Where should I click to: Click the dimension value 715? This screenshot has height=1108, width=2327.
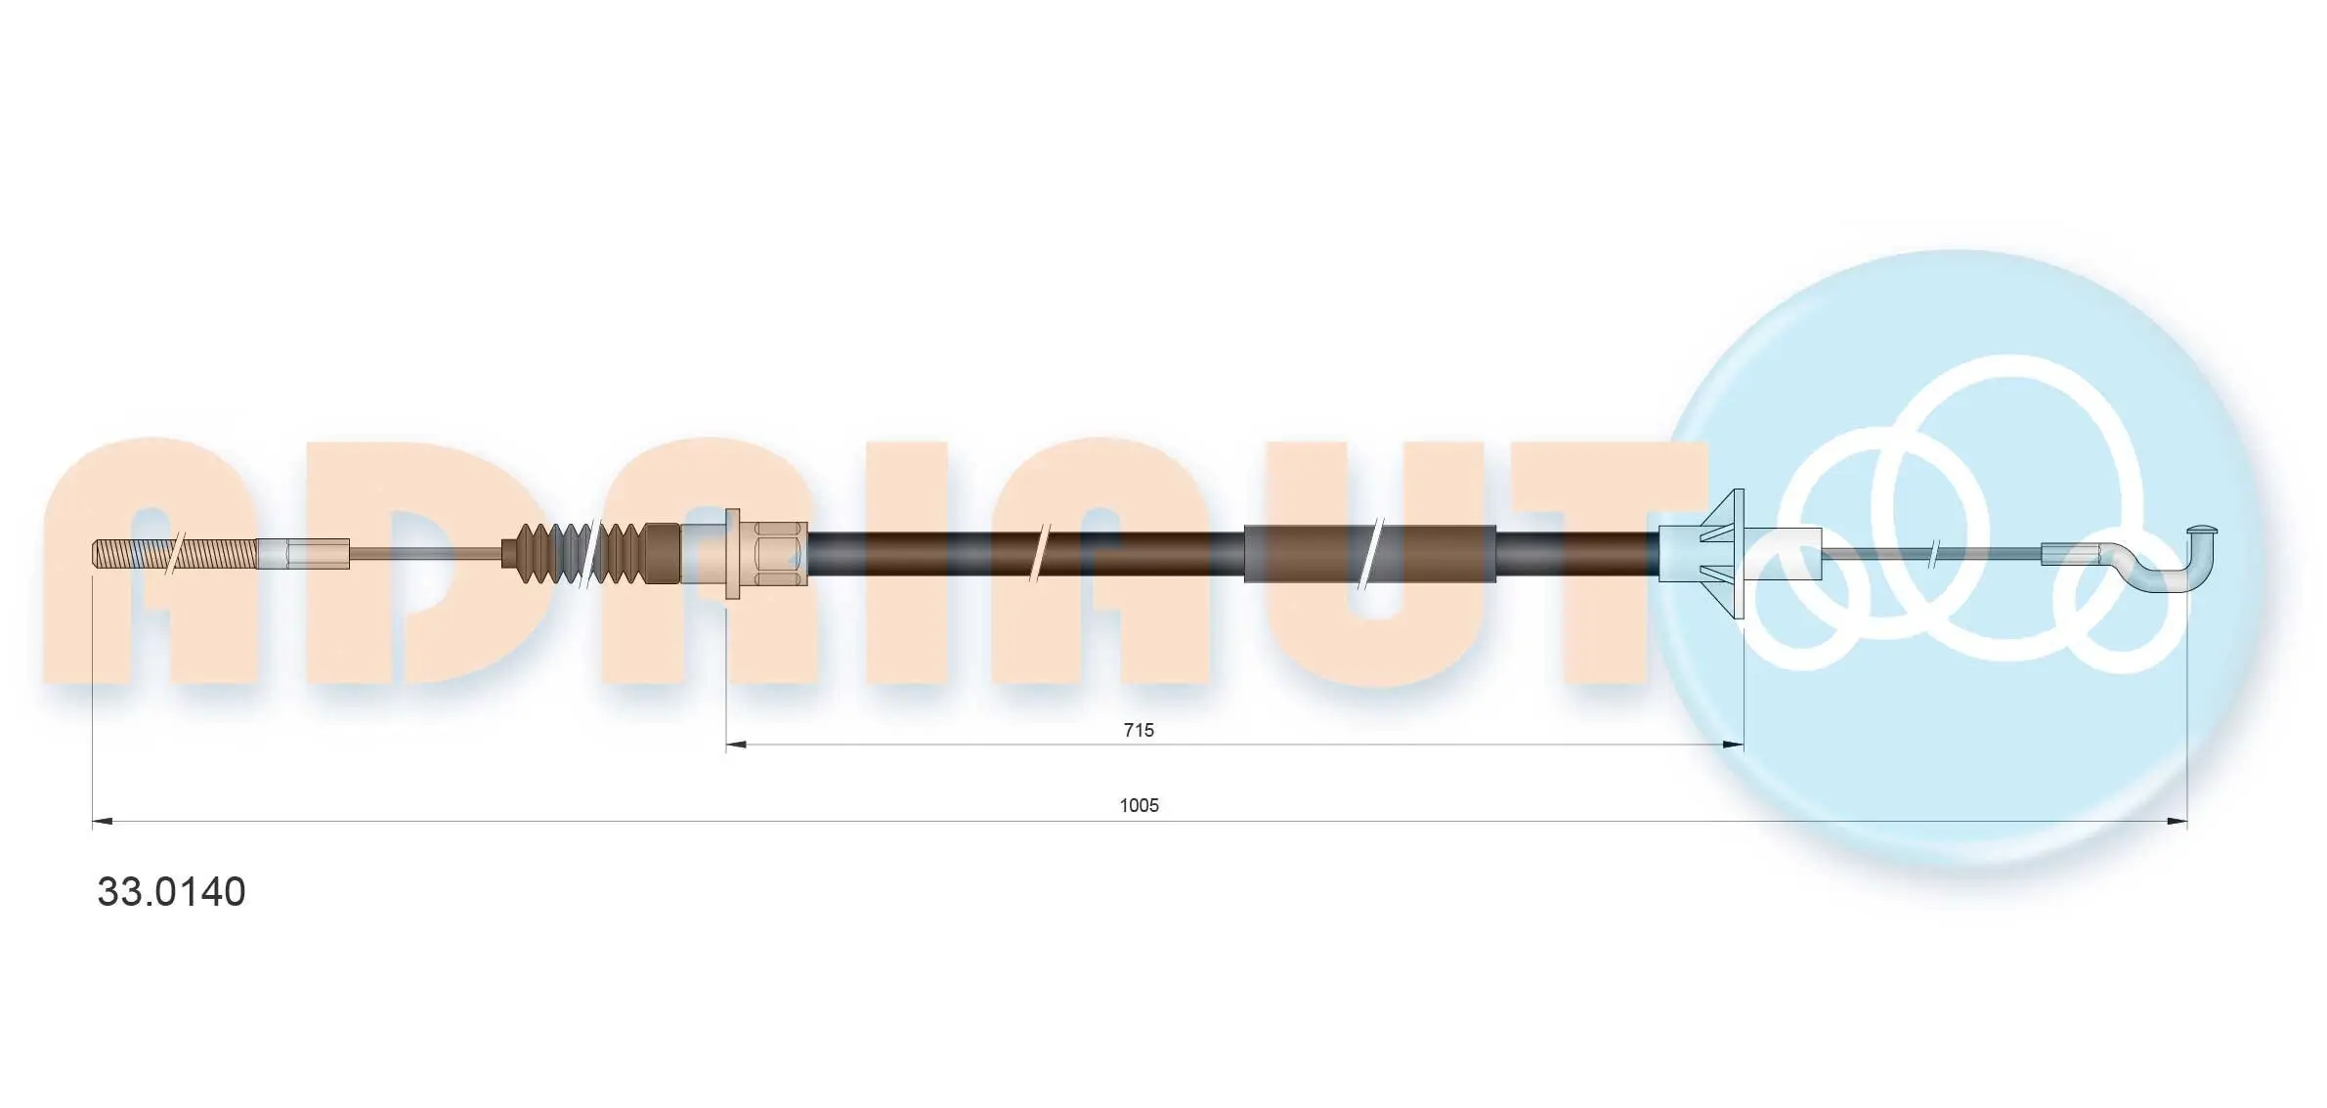click(x=1139, y=730)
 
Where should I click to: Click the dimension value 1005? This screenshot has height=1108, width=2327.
click(x=1139, y=805)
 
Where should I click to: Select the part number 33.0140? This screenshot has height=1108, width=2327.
click(x=171, y=891)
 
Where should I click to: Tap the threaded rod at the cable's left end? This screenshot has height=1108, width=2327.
click(x=175, y=554)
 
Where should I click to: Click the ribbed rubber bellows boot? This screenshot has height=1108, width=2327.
click(x=590, y=554)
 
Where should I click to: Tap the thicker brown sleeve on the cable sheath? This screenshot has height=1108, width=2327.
click(x=1369, y=554)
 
